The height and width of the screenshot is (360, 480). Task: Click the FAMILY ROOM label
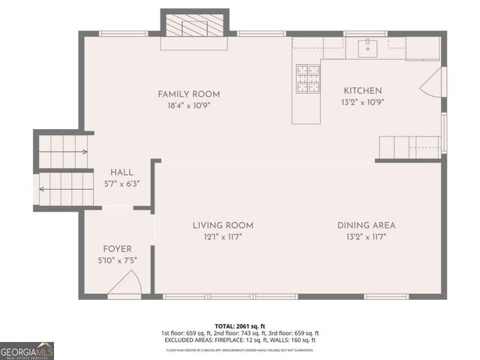coord(189,94)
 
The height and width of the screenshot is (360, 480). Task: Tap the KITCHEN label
coord(363,91)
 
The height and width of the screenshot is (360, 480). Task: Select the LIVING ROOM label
coord(223,225)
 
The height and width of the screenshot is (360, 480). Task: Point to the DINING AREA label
coord(366,225)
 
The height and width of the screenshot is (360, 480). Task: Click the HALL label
coord(122,172)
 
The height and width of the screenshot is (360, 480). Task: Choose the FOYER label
coord(118,249)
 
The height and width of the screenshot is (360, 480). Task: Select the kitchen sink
coord(367,48)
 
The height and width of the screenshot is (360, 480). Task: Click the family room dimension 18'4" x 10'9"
coord(189,106)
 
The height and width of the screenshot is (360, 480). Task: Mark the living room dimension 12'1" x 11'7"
coord(223,237)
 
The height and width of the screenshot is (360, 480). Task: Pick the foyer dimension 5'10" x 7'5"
coord(118,261)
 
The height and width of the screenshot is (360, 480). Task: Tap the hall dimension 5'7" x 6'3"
coord(122,183)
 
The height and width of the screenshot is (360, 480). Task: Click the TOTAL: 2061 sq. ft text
coord(240,326)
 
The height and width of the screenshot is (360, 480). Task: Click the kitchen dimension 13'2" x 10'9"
coord(363,103)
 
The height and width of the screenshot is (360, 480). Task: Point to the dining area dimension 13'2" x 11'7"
coord(366,237)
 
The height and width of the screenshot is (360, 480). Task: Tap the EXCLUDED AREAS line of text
coord(240,340)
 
